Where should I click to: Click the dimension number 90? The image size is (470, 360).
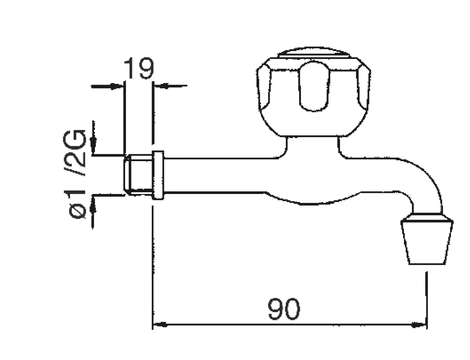tap(283, 309)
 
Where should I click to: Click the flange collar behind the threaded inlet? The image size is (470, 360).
tap(158, 175)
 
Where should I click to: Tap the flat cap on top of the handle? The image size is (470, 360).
tap(313, 53)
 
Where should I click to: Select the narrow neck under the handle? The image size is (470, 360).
tap(312, 147)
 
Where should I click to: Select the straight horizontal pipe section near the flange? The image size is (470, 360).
tap(210, 175)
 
